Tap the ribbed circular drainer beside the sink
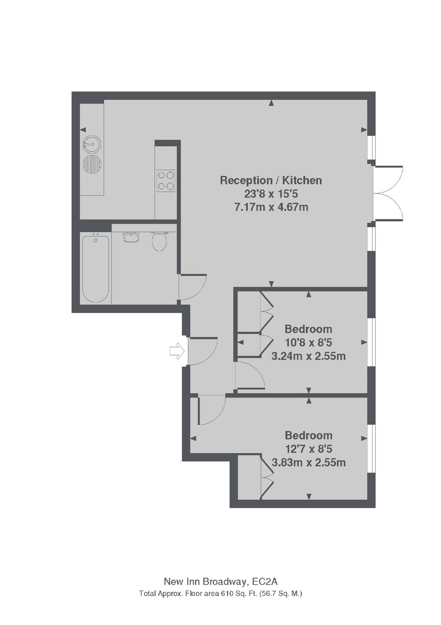91,163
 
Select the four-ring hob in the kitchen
166,180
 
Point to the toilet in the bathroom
159,241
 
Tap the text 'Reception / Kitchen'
271,180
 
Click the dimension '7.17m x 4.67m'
271,207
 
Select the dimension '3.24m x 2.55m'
309,356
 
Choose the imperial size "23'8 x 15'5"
271,194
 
